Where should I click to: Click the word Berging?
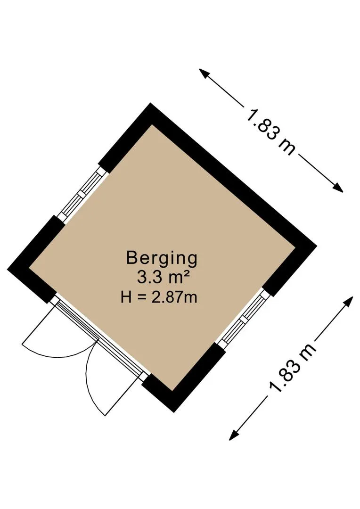tap(162, 258)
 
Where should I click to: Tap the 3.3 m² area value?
tap(163, 277)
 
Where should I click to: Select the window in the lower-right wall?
tap(245, 318)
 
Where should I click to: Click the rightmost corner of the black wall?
tap(316, 245)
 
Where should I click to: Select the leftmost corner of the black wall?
tap(8, 269)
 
